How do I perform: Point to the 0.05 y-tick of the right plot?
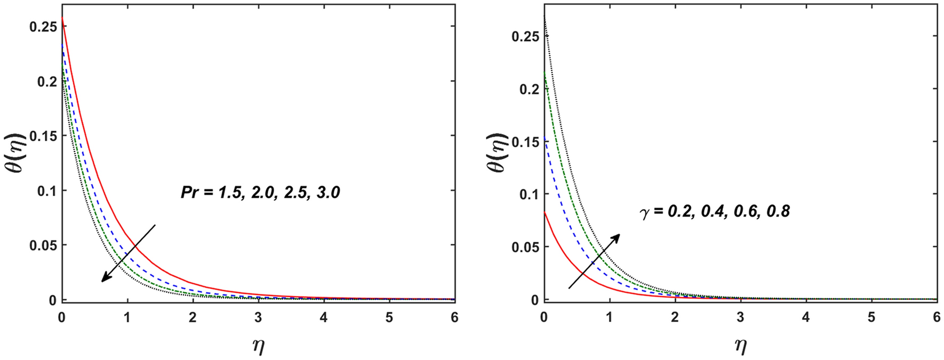click(x=525, y=247)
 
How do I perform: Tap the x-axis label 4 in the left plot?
click(x=324, y=318)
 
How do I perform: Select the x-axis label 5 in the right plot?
click(x=871, y=318)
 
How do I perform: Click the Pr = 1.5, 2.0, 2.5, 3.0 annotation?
click(x=260, y=192)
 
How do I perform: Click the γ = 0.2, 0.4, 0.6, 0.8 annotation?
click(x=715, y=212)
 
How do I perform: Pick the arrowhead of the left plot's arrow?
click(x=103, y=279)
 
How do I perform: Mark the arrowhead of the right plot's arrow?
click(x=618, y=235)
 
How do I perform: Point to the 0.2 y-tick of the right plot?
click(x=528, y=89)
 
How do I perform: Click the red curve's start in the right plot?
click(x=545, y=212)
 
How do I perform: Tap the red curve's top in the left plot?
click(x=62, y=18)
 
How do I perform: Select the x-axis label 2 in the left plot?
click(x=193, y=318)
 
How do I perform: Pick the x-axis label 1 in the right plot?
click(x=610, y=318)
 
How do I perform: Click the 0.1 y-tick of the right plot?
click(x=528, y=195)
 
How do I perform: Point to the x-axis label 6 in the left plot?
click(x=454, y=318)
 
